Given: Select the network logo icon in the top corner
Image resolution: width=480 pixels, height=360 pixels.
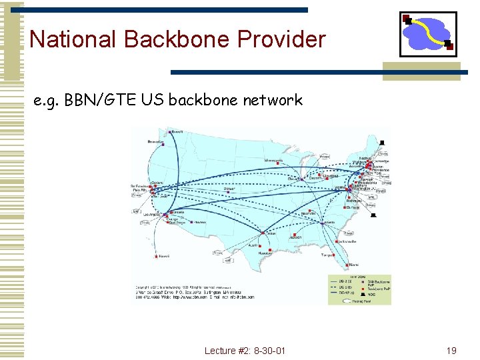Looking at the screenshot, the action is (427, 34).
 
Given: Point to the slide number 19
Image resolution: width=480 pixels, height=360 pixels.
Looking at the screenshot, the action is (451, 351).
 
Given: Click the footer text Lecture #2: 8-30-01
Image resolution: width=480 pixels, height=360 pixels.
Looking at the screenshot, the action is (245, 351).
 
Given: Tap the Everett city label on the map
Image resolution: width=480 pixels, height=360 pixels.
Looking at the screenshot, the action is (177, 132).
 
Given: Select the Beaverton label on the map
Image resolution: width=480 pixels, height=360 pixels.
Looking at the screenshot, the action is (155, 142).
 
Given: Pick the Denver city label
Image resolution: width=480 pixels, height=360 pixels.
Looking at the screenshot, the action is (229, 189).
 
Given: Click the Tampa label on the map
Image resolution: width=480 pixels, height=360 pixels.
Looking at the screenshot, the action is (327, 255).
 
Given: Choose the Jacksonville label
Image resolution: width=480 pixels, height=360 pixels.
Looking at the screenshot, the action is (347, 241).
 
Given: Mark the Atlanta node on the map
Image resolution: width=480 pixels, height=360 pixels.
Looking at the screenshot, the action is (328, 222).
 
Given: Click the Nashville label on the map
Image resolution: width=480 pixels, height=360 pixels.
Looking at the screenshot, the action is (308, 213).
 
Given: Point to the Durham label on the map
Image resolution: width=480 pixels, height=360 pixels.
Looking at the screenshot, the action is (353, 208).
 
